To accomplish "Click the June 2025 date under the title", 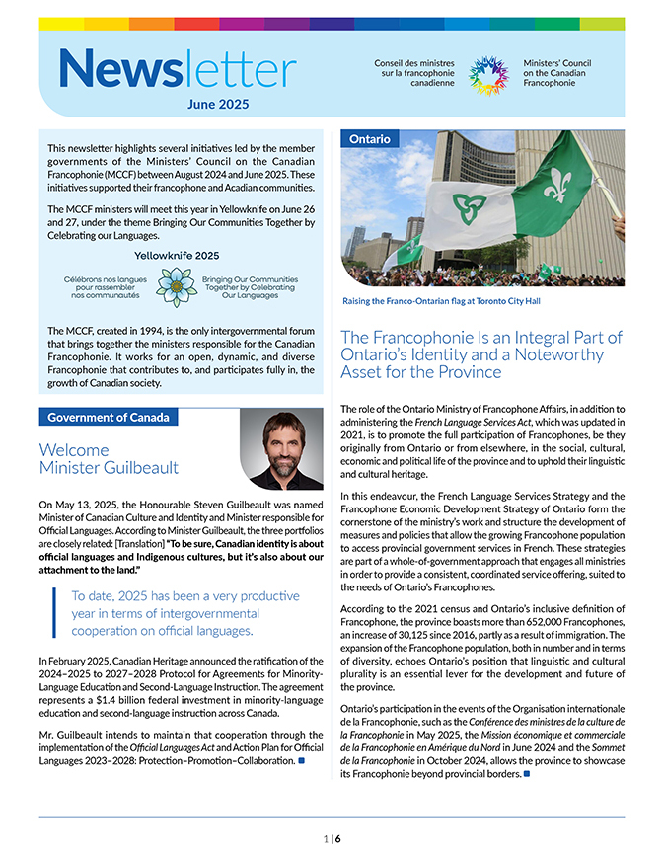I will tap(218, 103).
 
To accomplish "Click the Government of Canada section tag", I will tap(109, 417).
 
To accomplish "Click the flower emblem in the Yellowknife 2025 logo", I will tap(178, 286).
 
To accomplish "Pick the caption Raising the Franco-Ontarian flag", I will tap(441, 301).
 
